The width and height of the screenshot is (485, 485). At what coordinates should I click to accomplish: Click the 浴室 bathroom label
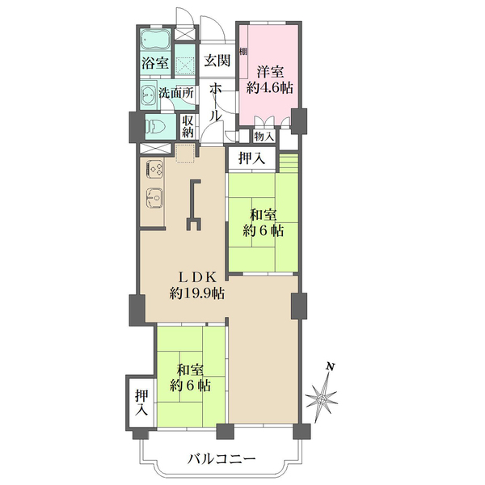click(156, 62)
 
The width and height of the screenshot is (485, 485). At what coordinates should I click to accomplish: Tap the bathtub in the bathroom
click(155, 40)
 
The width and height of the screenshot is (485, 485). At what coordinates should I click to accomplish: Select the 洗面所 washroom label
click(176, 92)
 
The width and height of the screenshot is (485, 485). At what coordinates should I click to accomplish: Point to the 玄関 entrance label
click(216, 61)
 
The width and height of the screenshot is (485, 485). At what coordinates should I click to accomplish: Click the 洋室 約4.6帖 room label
click(269, 78)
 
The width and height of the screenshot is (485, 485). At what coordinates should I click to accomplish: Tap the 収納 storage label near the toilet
click(188, 125)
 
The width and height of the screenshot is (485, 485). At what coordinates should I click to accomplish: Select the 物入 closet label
click(264, 136)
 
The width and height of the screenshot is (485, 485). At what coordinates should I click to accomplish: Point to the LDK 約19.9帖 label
click(196, 285)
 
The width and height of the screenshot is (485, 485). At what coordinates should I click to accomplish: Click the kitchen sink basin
click(154, 196)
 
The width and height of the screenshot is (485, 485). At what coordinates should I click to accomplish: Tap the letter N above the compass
click(330, 367)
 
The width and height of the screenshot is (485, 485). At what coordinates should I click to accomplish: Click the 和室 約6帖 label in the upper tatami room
click(264, 222)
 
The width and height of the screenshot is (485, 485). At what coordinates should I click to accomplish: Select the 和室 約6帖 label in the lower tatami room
click(192, 377)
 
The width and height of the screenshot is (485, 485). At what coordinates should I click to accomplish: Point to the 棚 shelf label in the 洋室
click(242, 52)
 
